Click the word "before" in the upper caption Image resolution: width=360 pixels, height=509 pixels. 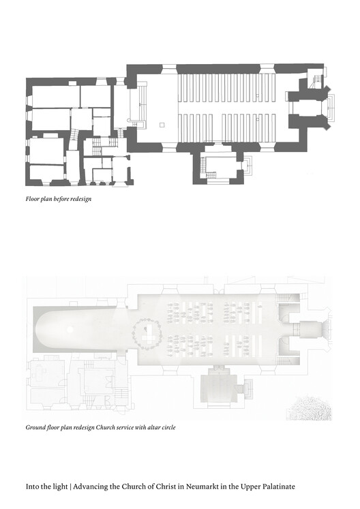pyautogui.click(x=61, y=199)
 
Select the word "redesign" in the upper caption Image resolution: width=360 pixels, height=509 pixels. pyautogui.click(x=81, y=199)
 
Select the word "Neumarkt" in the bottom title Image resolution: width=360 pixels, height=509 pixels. pyautogui.click(x=194, y=487)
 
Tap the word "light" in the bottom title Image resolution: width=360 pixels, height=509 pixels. pyautogui.click(x=61, y=487)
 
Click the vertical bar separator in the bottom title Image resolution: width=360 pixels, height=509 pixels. pyautogui.click(x=70, y=487)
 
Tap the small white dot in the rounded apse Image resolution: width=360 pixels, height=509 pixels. pyautogui.click(x=70, y=330)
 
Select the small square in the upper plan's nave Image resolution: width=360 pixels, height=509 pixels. pyautogui.click(x=162, y=125)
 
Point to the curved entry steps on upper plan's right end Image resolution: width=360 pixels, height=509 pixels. pyautogui.click(x=331, y=107)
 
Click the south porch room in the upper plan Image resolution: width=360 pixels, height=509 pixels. pyautogui.click(x=221, y=165)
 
